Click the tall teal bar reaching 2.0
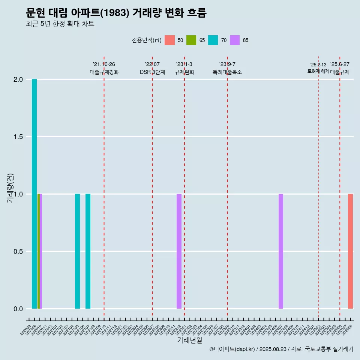(x=34, y=194)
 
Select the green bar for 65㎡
(x=38, y=251)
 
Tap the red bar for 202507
(x=350, y=251)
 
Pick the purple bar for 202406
(x=281, y=251)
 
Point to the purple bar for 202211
(x=179, y=251)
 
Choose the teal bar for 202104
(x=77, y=251)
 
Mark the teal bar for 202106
(x=88, y=251)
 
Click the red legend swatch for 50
(x=169, y=40)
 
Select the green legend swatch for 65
(x=191, y=40)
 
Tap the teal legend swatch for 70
(x=213, y=40)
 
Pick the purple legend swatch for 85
(x=235, y=40)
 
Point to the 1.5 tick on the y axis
(x=18, y=137)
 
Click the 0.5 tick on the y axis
(x=18, y=252)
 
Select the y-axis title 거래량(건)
(x=10, y=187)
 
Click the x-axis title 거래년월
(x=189, y=340)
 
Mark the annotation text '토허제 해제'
(x=318, y=71)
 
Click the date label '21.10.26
(x=104, y=64)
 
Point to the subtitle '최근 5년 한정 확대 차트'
(x=60, y=24)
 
